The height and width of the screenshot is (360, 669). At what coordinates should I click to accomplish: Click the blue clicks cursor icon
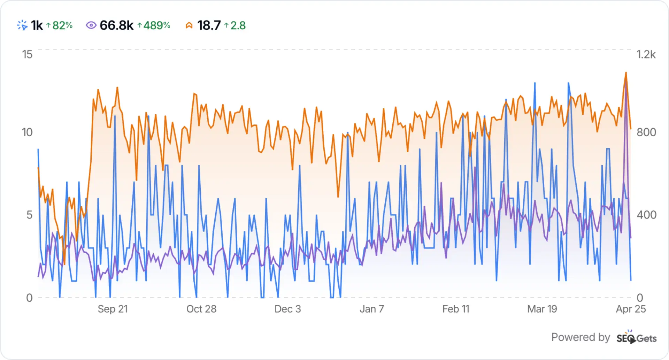(x=22, y=25)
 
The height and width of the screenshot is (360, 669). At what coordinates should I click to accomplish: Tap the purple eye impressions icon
(x=91, y=25)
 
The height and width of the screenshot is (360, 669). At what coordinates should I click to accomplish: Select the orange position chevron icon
(x=189, y=25)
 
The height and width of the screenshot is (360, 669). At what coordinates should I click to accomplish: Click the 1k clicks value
(x=37, y=25)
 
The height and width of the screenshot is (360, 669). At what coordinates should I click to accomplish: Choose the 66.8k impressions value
(x=116, y=25)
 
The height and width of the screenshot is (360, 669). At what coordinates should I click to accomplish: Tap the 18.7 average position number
(x=209, y=25)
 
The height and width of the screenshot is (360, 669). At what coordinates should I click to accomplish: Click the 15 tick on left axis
(x=27, y=54)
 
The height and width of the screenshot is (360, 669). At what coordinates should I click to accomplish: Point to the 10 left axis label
(x=27, y=132)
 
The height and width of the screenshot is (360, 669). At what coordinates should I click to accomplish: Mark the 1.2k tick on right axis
(x=646, y=54)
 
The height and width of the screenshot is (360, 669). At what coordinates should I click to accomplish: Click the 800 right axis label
(x=646, y=132)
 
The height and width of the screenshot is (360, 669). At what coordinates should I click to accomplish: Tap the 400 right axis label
(x=646, y=215)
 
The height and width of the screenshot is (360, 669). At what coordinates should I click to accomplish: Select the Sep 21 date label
(x=113, y=309)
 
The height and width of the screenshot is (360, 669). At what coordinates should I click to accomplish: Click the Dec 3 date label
(x=287, y=309)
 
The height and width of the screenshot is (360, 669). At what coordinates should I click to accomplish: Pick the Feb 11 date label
(x=455, y=309)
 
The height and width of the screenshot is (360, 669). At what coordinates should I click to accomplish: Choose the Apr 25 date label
(x=631, y=309)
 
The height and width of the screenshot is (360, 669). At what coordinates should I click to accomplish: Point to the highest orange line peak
(x=626, y=73)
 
